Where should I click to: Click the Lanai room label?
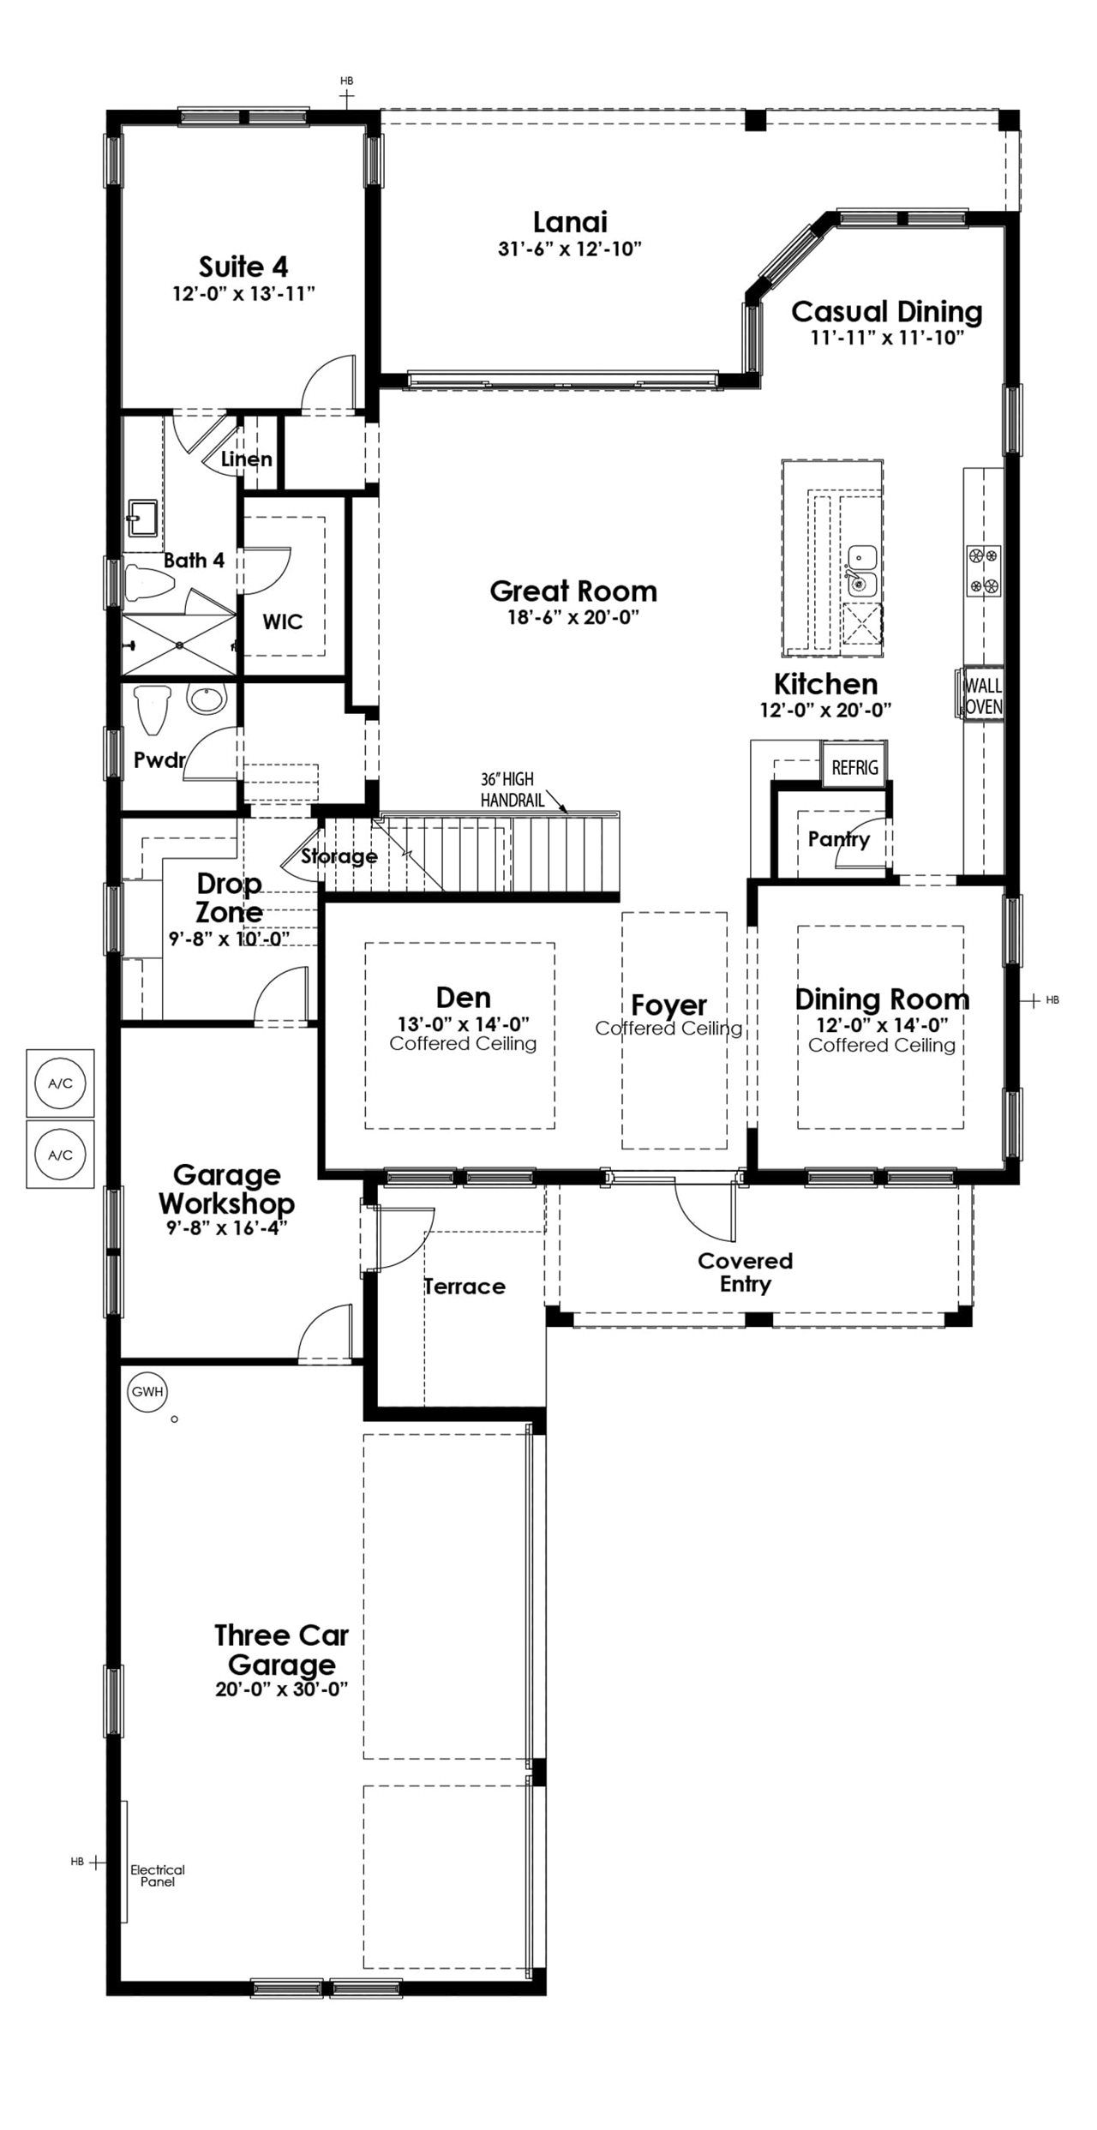click(570, 222)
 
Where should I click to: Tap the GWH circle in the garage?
click(147, 1392)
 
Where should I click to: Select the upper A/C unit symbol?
click(60, 1084)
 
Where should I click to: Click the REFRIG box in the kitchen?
click(854, 767)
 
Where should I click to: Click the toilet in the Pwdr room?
click(152, 710)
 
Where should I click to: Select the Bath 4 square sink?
click(141, 518)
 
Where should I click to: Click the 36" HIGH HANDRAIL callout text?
click(507, 789)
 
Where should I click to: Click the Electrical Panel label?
click(158, 1875)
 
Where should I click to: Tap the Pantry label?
click(839, 839)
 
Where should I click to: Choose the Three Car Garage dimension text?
click(281, 1689)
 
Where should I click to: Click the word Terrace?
click(465, 1286)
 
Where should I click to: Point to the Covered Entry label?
click(746, 1272)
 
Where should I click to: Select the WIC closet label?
click(283, 621)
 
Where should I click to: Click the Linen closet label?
click(247, 459)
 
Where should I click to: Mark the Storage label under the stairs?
click(339, 856)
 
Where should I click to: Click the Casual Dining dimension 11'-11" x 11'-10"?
click(888, 337)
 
